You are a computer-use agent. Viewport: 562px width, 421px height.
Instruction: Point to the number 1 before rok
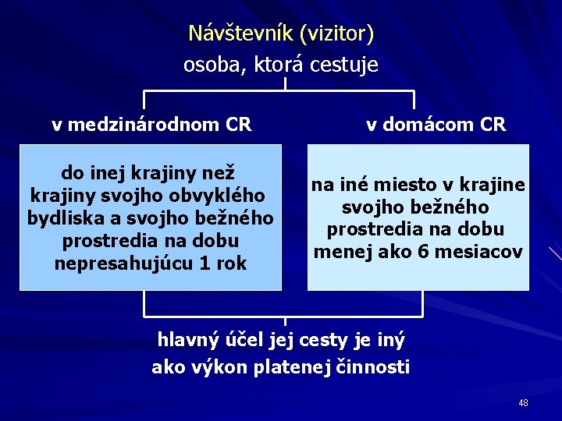[x=205, y=264]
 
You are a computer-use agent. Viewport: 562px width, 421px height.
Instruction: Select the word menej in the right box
[x=340, y=252]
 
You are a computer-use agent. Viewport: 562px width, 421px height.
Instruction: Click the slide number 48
[x=522, y=403]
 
